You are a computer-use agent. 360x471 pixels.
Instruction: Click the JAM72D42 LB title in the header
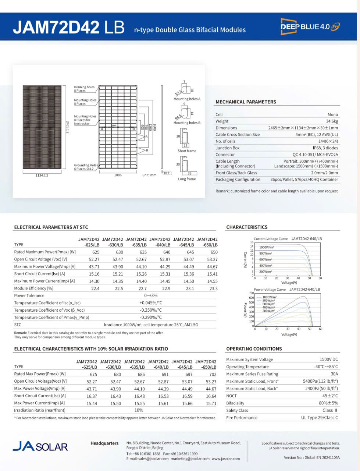[x=69, y=28]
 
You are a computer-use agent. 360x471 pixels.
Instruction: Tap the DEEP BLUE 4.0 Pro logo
[x=310, y=26]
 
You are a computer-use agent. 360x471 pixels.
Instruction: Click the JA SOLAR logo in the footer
[x=40, y=447]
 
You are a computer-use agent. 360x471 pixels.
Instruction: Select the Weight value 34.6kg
[x=332, y=121]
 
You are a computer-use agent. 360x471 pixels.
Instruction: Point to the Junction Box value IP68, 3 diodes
[x=325, y=148]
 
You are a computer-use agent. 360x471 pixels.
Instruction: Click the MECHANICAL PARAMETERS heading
[x=246, y=102]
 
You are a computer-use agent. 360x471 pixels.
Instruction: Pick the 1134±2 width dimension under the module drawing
[x=42, y=175]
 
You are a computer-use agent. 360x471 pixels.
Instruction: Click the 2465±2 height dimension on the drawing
[x=67, y=127]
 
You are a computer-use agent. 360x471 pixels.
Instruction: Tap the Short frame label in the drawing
[x=187, y=151]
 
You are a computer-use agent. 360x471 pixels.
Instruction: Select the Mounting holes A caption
[x=187, y=99]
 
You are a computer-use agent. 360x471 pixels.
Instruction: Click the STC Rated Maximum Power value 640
[x=167, y=252]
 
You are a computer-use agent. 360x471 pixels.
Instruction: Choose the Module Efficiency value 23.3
[x=213, y=289]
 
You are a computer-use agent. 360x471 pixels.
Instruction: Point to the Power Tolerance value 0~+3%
[x=151, y=296]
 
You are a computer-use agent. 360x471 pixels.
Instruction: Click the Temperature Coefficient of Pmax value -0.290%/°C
[x=151, y=318]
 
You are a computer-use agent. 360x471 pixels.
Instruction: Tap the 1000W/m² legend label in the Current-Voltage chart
[x=266, y=248]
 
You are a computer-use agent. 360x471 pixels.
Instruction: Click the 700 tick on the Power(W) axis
[x=252, y=293]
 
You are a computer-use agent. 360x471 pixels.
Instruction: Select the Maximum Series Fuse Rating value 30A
[x=334, y=374]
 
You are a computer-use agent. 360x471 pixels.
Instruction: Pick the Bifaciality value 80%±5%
[x=328, y=403]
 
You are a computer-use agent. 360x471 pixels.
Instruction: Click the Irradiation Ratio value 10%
[x=139, y=410]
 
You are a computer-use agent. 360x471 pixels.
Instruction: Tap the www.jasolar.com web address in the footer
[x=225, y=459]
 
